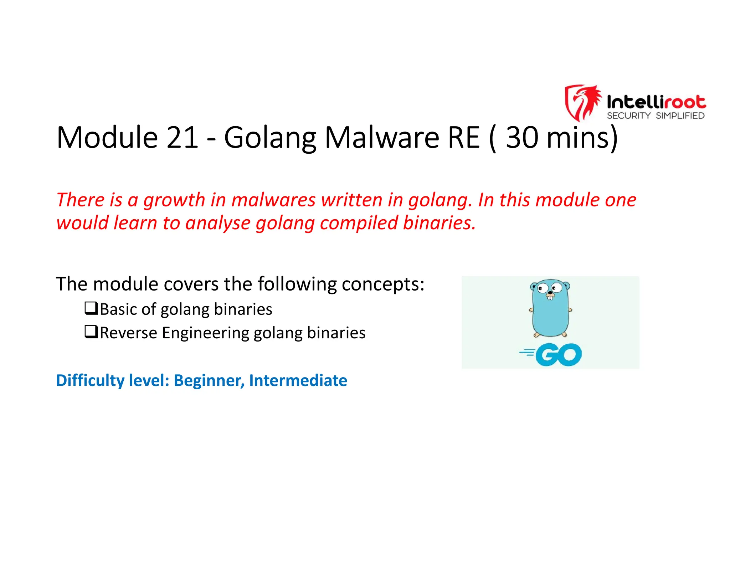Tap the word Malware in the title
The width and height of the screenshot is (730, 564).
click(x=382, y=138)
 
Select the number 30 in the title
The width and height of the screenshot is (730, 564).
click(x=522, y=138)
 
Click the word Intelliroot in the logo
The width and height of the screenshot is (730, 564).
click(x=656, y=102)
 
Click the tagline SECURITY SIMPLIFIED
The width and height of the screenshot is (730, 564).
click(x=656, y=116)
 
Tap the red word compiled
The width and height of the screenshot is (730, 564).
click(x=358, y=224)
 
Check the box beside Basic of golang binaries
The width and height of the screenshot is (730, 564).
click(x=91, y=308)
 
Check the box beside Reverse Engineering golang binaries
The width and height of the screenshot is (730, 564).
click(x=91, y=332)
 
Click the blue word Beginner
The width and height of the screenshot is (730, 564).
click(x=209, y=380)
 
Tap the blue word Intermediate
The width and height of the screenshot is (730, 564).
click(x=298, y=380)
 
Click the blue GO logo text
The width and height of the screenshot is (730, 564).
click(x=559, y=355)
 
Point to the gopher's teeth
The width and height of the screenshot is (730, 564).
click(x=550, y=298)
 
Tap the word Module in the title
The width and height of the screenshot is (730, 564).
click(x=107, y=138)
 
